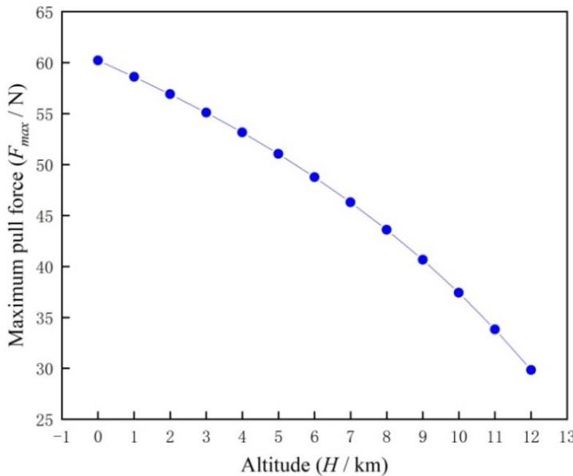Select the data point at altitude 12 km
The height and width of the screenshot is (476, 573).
tap(531, 370)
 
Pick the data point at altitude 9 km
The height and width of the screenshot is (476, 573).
tap(423, 259)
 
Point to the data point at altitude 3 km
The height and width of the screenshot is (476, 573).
tap(206, 113)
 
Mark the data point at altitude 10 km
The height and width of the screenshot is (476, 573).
tap(459, 293)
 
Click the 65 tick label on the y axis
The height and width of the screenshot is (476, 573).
tap(45, 12)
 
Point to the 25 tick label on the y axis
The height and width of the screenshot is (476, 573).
tap(45, 419)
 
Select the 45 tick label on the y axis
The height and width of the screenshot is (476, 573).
tap(45, 216)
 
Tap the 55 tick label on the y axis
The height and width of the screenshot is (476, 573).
tap(45, 114)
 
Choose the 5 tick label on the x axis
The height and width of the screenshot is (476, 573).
tap(278, 436)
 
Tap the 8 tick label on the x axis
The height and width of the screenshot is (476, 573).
tap(387, 436)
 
